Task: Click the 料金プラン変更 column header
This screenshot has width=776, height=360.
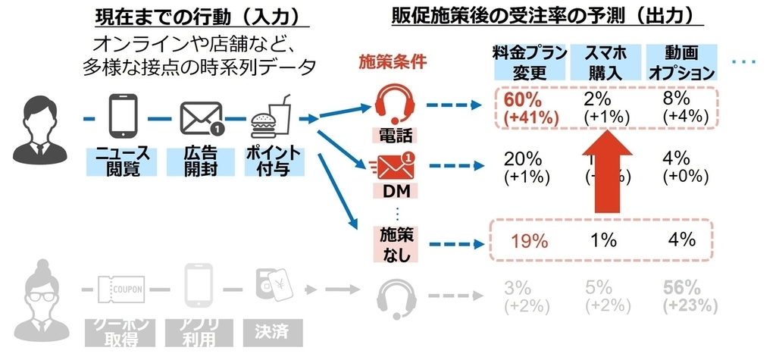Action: tap(530, 62)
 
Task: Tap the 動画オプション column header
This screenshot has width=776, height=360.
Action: tap(680, 62)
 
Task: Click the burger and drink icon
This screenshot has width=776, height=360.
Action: tap(271, 116)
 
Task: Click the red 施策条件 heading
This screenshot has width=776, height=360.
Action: tap(393, 62)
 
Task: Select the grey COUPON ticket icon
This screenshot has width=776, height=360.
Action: tap(120, 290)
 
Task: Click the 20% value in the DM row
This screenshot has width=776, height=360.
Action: tap(522, 158)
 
